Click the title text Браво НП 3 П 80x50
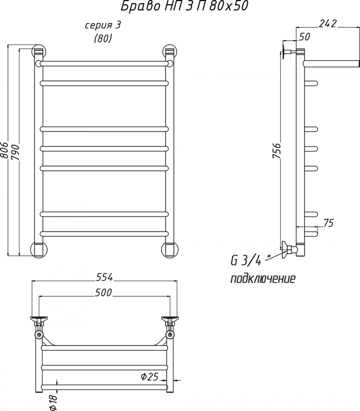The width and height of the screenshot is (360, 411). click(184, 6)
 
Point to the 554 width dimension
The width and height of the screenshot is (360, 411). click(104, 277)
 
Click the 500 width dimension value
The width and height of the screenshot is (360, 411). click(103, 292)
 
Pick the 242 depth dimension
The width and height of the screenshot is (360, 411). click(327, 23)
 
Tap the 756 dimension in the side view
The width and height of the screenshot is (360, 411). click(276, 151)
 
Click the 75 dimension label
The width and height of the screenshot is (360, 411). click(328, 223)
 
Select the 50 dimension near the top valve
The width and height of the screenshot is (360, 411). click(304, 37)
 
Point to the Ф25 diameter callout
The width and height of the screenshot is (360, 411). click(150, 376)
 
